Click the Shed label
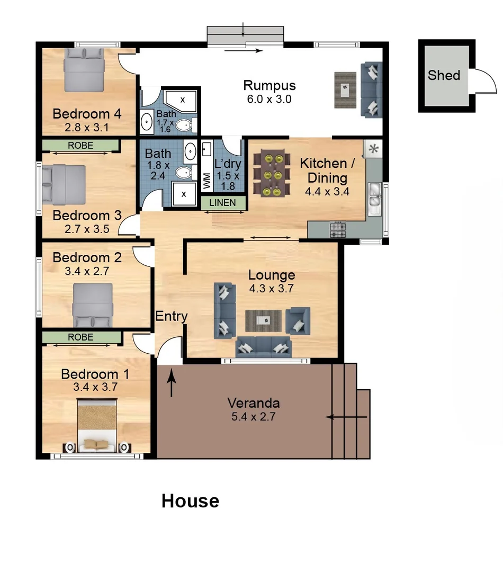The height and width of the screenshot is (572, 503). coord(444,75)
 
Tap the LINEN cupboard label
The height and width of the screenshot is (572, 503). coord(222,203)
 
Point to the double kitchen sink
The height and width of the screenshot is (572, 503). coord(375,194)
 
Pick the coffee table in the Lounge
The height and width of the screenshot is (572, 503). coord(263,320)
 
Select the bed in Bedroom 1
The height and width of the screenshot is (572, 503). coord(97,427)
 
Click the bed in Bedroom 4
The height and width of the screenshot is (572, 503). coord(84,68)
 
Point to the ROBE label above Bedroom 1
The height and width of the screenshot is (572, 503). coord(80,337)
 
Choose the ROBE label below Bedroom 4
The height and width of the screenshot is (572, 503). coord(80,145)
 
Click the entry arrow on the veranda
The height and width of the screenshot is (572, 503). coord(172,383)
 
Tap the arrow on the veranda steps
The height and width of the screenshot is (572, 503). coord(346,417)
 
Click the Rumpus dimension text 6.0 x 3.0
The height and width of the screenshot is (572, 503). coord(270,99)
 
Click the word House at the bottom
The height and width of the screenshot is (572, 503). coord(190,501)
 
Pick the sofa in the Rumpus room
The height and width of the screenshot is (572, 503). coord(371,89)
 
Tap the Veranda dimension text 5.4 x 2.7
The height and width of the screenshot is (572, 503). coord(253,416)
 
